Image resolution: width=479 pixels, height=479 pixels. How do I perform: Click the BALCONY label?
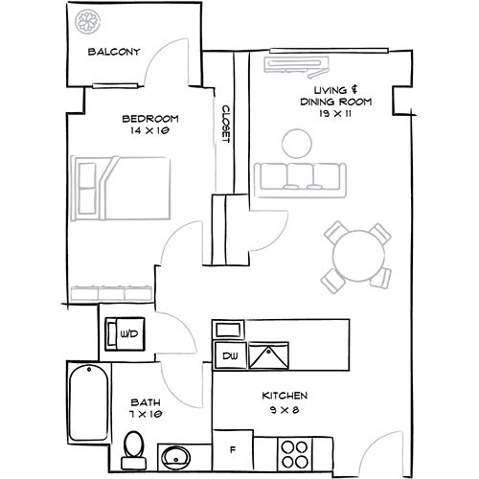pos(114,53)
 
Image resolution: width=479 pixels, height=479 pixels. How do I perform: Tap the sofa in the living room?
pos(299,178)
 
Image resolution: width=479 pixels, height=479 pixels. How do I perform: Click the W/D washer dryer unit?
pos(126,333)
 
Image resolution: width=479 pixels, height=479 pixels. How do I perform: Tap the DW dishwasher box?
pos(230,356)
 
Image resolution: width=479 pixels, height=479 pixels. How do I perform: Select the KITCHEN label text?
pos(285,396)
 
